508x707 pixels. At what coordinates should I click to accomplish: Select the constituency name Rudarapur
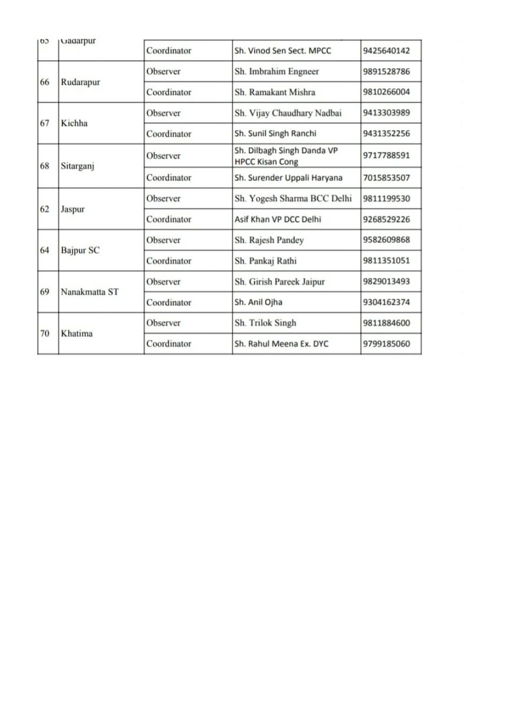pyautogui.click(x=81, y=82)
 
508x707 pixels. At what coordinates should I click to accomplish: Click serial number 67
pyautogui.click(x=45, y=124)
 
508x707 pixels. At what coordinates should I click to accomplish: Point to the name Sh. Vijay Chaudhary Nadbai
pyautogui.click(x=288, y=113)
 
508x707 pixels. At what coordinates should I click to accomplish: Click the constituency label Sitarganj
pyautogui.click(x=78, y=166)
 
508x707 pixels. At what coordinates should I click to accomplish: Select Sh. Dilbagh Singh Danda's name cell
pyautogui.click(x=286, y=156)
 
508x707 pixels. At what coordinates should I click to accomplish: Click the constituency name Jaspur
pyautogui.click(x=73, y=209)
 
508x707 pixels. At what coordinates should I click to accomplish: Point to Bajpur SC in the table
pyautogui.click(x=81, y=250)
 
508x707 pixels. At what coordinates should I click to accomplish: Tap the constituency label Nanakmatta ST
pyautogui.click(x=90, y=292)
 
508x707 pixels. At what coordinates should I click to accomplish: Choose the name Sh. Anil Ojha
pyautogui.click(x=258, y=302)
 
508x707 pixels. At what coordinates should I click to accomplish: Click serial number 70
pyautogui.click(x=45, y=333)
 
